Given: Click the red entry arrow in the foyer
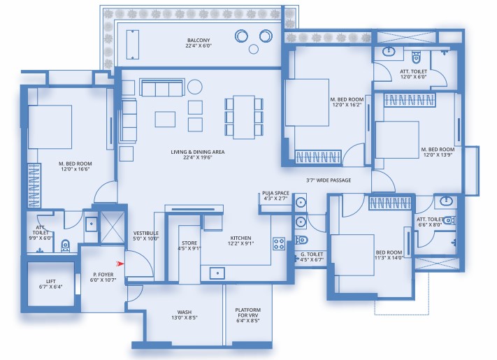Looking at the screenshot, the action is [120, 264].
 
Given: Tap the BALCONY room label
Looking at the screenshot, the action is [199, 41].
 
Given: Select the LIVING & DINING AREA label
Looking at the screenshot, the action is [197, 152].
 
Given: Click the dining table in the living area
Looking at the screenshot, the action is [244, 117].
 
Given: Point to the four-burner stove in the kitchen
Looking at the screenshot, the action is [279, 244].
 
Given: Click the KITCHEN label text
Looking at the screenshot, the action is [240, 238].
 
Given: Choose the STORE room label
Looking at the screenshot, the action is [189, 243].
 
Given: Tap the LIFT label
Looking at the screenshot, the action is [51, 282].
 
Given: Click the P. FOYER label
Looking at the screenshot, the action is [103, 275].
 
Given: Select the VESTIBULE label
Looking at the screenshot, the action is [146, 233].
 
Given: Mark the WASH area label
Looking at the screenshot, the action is [184, 312].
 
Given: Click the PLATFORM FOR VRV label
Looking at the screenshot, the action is [248, 312].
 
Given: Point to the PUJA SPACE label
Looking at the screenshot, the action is [275, 193].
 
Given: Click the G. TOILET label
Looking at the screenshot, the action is [312, 254].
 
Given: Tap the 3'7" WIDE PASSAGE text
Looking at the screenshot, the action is [329, 180].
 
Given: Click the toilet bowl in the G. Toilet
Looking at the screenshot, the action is [301, 240].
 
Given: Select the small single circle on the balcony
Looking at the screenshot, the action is [254, 49].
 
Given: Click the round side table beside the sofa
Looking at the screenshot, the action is [194, 87].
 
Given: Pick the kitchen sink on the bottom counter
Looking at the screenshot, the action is [217, 273].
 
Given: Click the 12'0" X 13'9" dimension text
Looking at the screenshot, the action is [438, 155].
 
